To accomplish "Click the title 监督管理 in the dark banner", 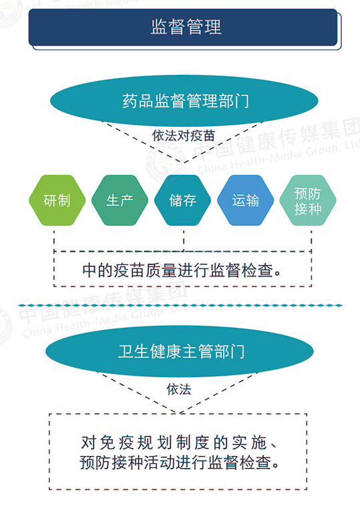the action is point(186,27).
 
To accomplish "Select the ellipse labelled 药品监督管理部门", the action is point(184,101).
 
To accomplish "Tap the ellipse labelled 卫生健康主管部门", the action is point(180,351).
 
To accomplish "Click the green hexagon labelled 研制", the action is point(57,200).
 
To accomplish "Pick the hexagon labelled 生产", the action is point(120,200).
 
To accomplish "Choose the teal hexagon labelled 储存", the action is point(182,200).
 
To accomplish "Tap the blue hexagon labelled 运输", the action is point(245,200).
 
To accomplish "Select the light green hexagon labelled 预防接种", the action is point(308,200).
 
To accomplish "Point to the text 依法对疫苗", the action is point(183,136).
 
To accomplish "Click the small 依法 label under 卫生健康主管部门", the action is point(179,389).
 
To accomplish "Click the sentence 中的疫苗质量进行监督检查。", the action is point(182,270).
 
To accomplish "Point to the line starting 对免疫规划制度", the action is point(180,443).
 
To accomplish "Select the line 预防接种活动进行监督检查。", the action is point(180,463).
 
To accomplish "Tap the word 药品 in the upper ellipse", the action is point(138,101).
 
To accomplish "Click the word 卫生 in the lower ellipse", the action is point(134,351).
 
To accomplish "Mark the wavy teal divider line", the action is point(180,305).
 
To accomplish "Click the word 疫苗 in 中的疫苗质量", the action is point(129,270).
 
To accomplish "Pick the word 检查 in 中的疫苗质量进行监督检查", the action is point(257,270).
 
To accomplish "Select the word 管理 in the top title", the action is point(204,27).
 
